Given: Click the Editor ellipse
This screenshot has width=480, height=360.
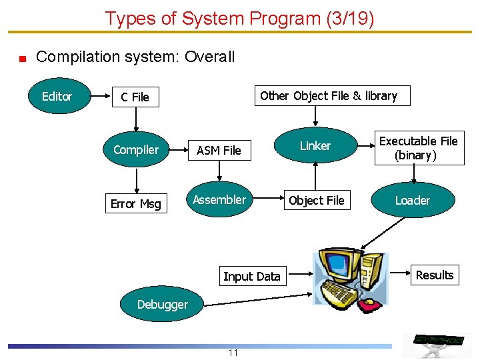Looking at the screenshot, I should tap(57, 97).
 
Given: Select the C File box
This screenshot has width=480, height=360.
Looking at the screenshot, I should tap(135, 97).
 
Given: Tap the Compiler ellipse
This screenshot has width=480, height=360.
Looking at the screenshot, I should tap(136, 150).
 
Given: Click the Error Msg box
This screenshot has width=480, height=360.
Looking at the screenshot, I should tap(136, 203).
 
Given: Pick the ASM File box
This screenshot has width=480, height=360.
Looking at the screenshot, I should tap(219, 151).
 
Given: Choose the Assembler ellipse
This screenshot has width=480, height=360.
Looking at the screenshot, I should tap(219, 200).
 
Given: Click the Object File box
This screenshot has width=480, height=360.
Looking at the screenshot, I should tap(316, 200).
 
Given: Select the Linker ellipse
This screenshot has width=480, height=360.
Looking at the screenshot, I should tap(315, 146).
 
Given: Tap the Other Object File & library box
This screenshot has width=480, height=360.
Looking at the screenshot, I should tap(328, 96).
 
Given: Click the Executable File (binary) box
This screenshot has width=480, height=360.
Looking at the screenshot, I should tap(418, 148).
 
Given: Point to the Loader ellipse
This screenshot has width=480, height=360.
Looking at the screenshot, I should tap(412, 201).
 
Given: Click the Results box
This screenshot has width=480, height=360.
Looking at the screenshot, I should tap(434, 275).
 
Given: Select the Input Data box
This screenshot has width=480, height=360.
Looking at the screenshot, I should tap(252, 276).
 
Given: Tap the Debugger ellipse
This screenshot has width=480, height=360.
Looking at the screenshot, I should tap(162, 305).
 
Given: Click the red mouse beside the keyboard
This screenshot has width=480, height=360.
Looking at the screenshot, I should tap(375, 305).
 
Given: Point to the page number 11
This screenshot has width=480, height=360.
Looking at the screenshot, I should tap(233, 353).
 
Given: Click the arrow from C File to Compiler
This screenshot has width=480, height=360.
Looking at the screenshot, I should tap(136, 121).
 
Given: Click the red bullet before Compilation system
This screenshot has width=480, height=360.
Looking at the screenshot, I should tap(22, 58).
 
